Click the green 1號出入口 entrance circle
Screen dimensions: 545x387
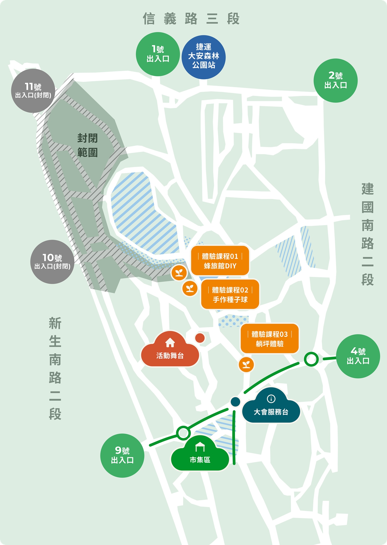tap(158, 54)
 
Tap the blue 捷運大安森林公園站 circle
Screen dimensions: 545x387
tap(203, 57)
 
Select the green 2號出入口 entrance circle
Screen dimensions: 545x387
tap(335, 81)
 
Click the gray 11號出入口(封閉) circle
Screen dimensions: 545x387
tap(33, 91)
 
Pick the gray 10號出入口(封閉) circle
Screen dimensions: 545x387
tap(52, 262)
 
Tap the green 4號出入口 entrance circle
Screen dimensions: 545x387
tap(358, 356)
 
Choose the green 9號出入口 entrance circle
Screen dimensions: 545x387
tap(122, 455)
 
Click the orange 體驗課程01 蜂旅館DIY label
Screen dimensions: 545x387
tap(220, 261)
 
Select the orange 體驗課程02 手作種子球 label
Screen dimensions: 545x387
tap(230, 295)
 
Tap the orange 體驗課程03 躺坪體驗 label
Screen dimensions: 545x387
tap(270, 339)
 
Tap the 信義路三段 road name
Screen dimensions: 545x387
tap(191, 19)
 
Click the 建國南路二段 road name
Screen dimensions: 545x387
tap(367, 234)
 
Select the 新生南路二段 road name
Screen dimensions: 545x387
tap(55, 368)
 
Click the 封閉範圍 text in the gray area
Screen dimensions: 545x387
tap(87, 145)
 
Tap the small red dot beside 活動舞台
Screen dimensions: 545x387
tap(200, 338)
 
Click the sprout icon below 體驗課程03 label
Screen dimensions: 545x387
tap(246, 365)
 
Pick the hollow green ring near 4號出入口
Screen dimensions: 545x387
tap(311, 359)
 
